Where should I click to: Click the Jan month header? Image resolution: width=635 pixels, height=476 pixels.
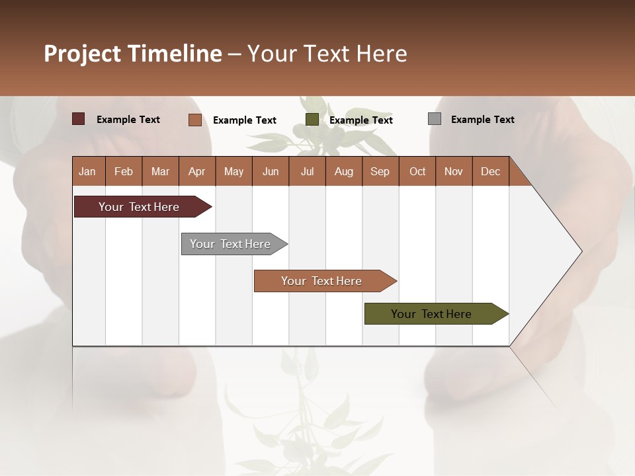87,171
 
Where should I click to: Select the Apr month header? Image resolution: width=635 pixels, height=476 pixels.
196,171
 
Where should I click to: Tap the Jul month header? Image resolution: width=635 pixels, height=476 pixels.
307,171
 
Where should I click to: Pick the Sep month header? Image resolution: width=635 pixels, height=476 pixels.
380,171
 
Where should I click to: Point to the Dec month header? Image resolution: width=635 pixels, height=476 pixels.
490,171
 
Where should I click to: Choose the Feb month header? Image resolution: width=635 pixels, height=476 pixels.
124,171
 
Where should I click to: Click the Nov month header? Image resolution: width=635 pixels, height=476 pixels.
453,171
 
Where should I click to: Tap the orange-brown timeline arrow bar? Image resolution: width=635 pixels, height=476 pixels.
322,281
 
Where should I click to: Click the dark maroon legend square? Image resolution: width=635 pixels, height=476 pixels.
78,119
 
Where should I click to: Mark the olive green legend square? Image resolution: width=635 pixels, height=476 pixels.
312,120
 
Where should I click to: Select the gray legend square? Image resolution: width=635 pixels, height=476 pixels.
435,119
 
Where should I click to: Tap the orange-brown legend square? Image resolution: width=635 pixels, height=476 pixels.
194,120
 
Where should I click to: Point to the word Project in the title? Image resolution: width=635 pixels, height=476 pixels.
81,54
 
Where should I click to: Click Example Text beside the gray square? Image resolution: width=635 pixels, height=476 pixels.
482,120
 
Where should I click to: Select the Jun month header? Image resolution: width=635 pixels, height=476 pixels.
271,171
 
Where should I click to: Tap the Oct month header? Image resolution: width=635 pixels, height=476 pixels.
417,171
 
